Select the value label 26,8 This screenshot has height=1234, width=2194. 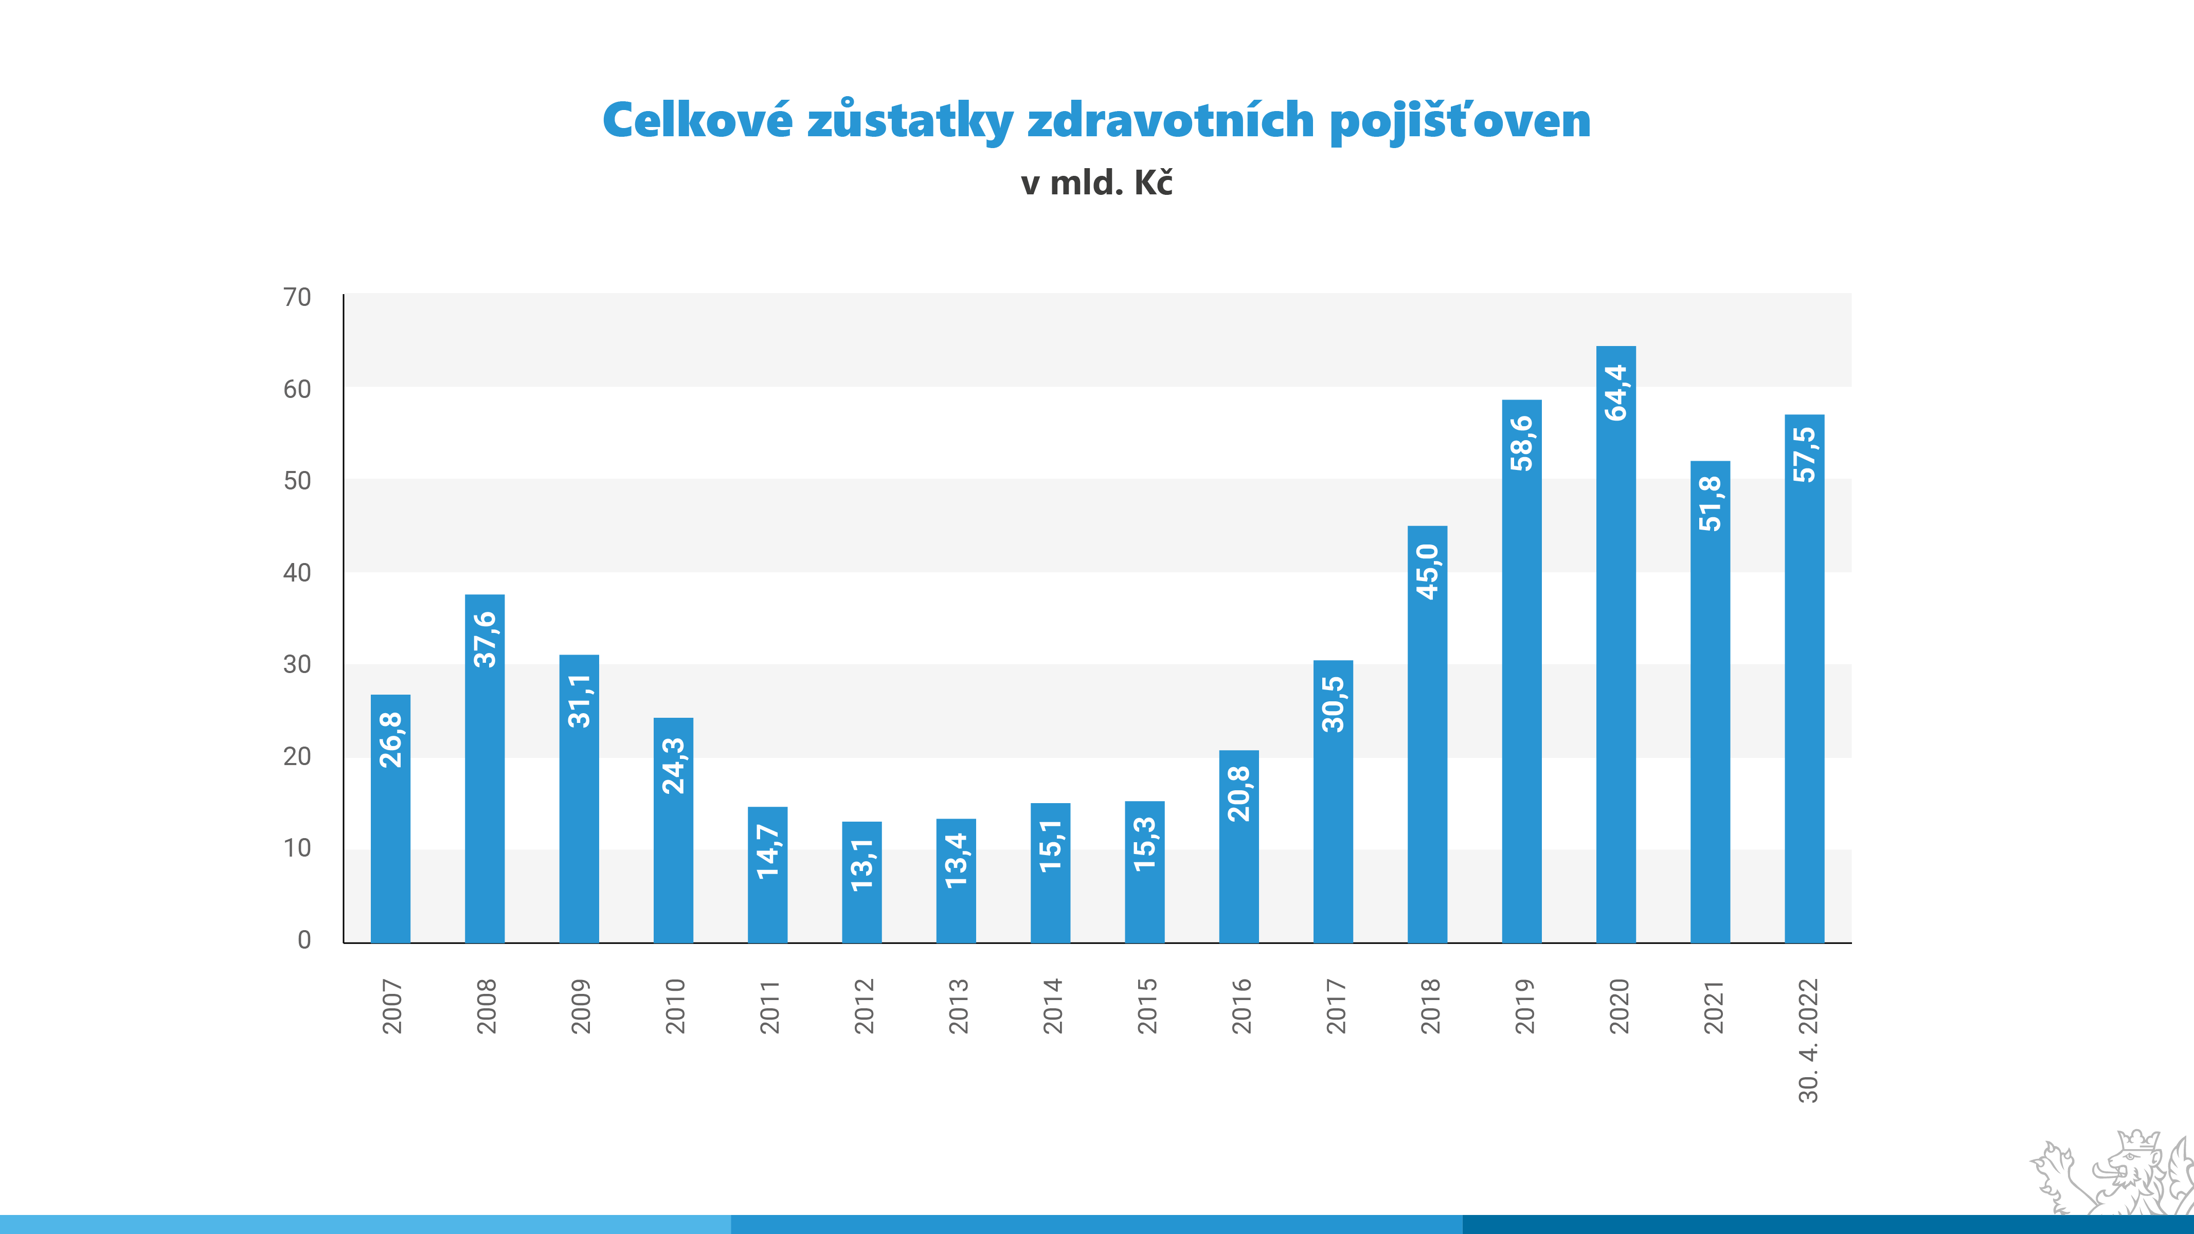[390, 740]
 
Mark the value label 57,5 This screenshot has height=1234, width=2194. [1804, 455]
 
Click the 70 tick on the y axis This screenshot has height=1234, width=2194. [297, 297]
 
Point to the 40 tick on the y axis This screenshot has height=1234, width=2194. [297, 572]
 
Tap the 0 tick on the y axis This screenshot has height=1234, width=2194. [304, 939]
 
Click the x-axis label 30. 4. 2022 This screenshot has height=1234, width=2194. [1807, 1041]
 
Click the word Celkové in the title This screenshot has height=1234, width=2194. [697, 120]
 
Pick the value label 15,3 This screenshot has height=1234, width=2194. [1145, 844]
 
